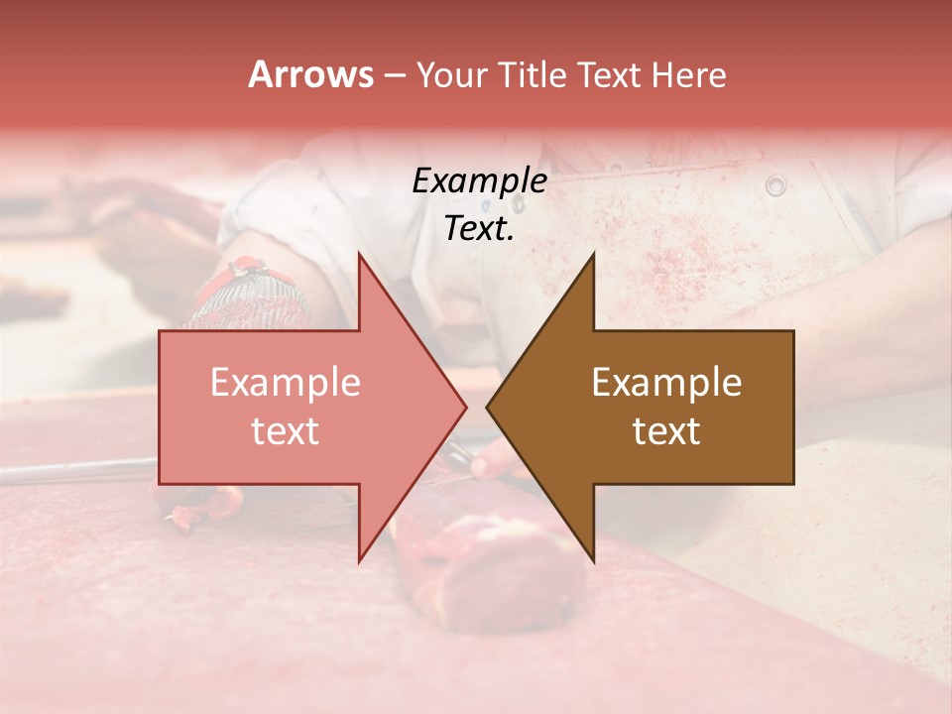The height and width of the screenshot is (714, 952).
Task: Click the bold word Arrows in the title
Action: [310, 74]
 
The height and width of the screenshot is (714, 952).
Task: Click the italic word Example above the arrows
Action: [479, 180]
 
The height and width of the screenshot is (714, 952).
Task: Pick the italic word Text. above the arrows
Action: [479, 228]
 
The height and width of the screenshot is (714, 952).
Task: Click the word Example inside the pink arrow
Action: [286, 382]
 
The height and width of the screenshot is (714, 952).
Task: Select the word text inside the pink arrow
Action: [286, 430]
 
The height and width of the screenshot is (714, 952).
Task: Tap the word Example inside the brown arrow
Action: [666, 382]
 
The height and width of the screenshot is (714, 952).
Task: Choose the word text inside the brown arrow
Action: [666, 430]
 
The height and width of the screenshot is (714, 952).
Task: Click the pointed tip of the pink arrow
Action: [465, 407]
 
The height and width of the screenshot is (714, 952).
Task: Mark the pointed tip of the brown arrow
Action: [488, 407]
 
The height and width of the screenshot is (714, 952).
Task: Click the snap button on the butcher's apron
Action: [775, 184]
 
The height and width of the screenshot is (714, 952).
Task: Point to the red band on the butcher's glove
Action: [247, 271]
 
